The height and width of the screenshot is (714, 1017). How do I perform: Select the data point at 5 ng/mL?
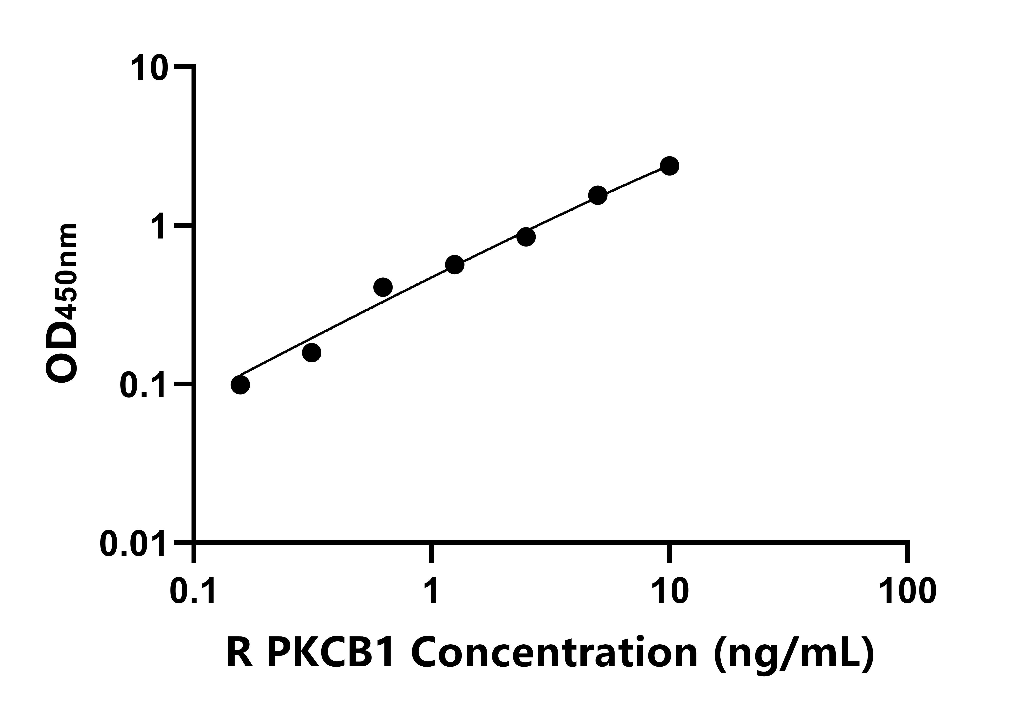coord(598,195)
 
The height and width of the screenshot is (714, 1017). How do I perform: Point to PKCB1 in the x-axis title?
coord(335,654)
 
